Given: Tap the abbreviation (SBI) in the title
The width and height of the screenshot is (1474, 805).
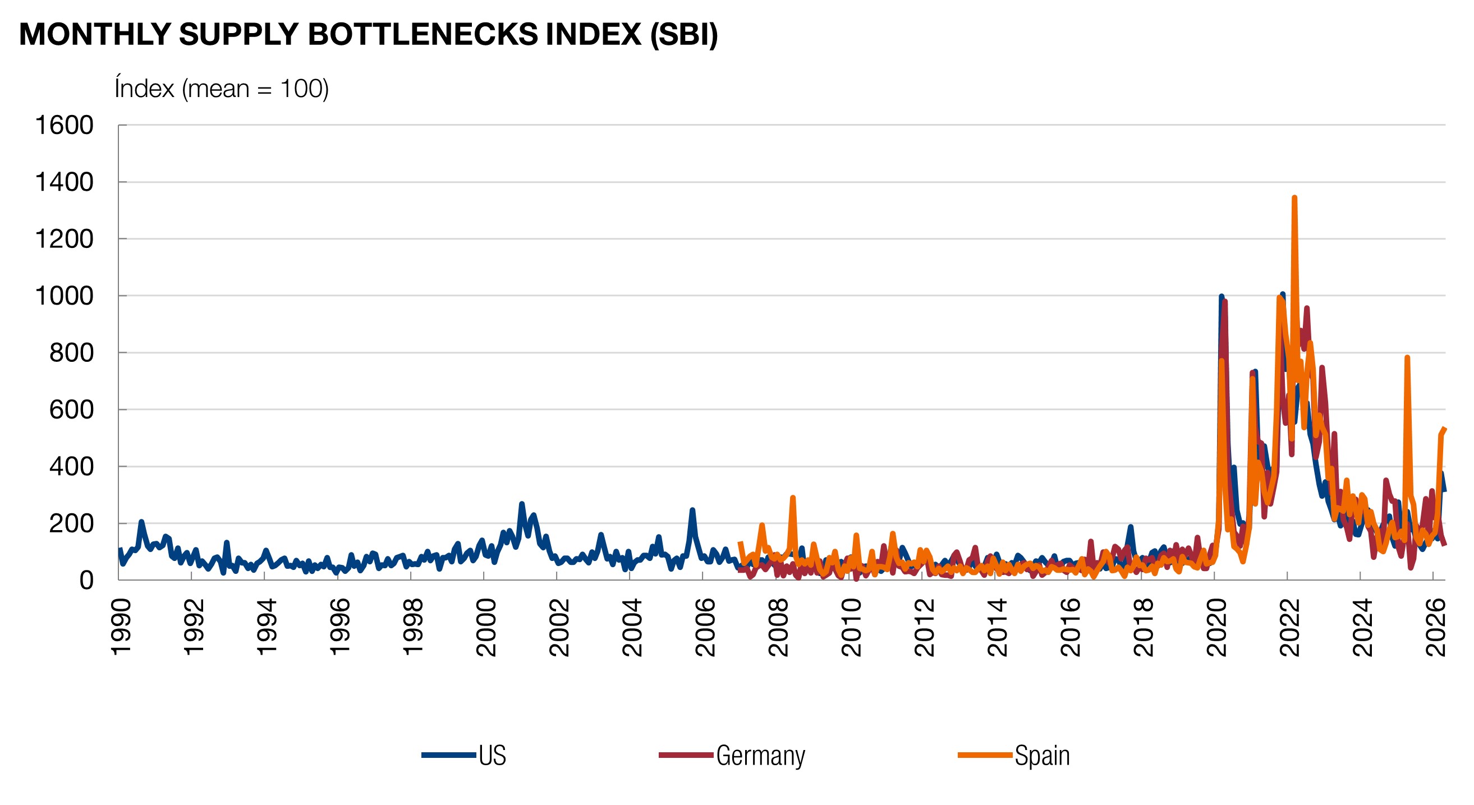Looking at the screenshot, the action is [684, 35].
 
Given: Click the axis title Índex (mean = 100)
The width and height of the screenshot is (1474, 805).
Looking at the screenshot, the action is [222, 89].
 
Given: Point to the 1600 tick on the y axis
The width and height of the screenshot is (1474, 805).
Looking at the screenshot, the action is [64, 125].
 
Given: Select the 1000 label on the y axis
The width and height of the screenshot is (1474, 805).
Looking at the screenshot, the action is [64, 296].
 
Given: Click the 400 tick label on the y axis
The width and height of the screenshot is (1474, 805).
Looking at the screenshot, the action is [71, 466].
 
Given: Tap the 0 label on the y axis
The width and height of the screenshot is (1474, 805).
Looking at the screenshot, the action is [86, 579].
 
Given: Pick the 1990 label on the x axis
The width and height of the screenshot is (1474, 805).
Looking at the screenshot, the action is [121, 628].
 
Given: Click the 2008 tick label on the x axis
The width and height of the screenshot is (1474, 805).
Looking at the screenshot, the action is [778, 628].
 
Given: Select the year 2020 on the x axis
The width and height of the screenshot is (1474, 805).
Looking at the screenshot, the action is [1216, 628].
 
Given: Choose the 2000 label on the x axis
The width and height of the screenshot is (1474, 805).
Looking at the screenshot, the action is [486, 628].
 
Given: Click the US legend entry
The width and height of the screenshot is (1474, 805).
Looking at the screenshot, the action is [464, 755].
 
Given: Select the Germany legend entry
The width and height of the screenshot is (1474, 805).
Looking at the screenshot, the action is [732, 755].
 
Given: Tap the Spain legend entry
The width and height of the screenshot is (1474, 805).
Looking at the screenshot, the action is [1014, 755].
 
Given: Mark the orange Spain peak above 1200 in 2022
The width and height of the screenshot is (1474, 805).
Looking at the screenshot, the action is [1294, 197].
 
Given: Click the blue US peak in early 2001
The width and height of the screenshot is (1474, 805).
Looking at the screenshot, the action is [521, 504].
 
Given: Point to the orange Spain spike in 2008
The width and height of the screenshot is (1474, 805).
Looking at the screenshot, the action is [792, 497].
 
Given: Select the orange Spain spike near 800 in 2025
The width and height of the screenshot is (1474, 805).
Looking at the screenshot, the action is [1407, 357].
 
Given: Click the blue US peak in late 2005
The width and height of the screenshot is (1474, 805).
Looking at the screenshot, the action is [692, 510].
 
